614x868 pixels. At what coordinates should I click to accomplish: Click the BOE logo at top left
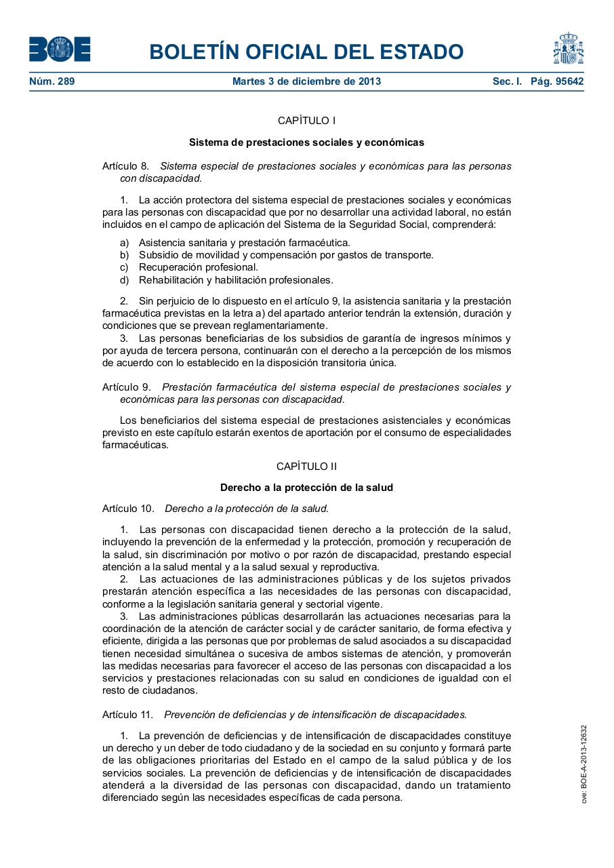click(60, 50)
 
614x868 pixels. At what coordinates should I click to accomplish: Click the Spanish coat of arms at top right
click(568, 49)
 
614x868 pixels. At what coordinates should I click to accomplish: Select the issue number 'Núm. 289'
click(52, 81)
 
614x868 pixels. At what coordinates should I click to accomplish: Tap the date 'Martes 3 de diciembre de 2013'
click(306, 81)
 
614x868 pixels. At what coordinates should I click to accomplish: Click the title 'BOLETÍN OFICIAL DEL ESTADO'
click(306, 52)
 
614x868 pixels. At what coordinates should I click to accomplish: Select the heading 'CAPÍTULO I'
click(306, 121)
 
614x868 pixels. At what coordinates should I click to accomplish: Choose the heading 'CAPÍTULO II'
click(306, 467)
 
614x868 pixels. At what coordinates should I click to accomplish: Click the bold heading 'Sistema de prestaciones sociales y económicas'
click(306, 142)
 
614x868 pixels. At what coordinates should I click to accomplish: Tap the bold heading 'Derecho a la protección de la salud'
click(306, 488)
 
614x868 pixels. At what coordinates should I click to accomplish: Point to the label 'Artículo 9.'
click(126, 387)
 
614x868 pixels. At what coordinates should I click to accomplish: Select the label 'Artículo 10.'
click(128, 509)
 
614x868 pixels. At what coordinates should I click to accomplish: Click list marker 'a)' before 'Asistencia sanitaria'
click(124, 243)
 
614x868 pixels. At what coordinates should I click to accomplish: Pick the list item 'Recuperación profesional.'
click(199, 267)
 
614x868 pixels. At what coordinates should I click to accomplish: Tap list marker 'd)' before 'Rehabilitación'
click(124, 279)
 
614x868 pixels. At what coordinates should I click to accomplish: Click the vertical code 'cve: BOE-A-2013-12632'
click(584, 764)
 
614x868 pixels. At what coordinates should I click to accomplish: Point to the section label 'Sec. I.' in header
click(507, 81)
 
